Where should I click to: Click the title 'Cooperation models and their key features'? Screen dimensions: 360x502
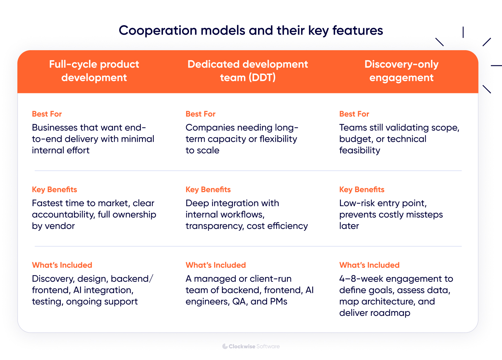click(251, 30)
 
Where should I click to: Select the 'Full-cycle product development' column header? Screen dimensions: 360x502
click(94, 71)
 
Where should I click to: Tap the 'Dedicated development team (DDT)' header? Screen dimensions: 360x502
click(248, 71)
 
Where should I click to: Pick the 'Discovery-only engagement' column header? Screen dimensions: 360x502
click(401, 71)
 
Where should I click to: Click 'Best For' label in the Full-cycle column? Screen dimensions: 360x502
click(47, 114)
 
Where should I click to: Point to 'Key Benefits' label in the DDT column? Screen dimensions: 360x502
click(208, 190)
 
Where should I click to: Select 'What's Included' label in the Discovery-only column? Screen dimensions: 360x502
click(369, 265)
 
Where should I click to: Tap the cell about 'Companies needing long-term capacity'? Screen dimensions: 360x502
click(242, 139)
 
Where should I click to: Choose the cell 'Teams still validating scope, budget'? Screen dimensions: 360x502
click(399, 139)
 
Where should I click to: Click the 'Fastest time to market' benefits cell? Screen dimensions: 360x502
click(94, 214)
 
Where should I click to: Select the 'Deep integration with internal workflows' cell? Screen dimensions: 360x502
click(246, 214)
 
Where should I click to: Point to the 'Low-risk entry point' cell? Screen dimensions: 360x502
click(391, 214)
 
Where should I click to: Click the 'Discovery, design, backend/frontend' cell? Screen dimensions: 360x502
click(92, 290)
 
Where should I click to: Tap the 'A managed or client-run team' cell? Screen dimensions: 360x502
click(249, 290)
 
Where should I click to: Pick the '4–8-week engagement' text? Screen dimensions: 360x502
click(396, 279)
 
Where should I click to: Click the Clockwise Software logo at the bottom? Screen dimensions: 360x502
click(251, 346)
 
